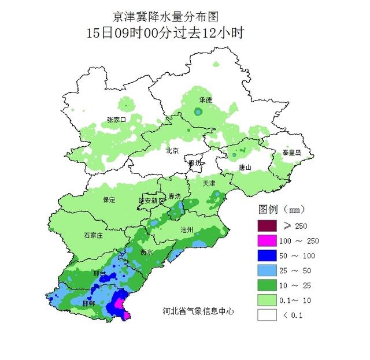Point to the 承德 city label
click(x=205, y=100)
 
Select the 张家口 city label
click(x=116, y=120)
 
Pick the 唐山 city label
click(x=245, y=168)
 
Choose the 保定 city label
click(x=109, y=199)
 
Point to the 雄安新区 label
click(x=151, y=201)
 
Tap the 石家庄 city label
click(x=93, y=235)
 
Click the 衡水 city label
click(x=146, y=253)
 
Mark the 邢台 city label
click(x=99, y=273)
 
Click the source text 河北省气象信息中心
click(x=198, y=311)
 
